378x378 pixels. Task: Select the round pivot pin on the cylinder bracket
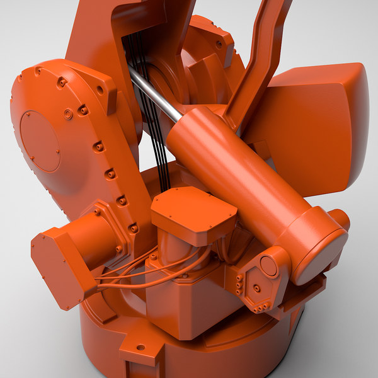click(x=268, y=266)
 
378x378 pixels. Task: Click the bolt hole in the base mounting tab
click(x=140, y=347)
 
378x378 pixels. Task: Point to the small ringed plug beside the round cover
click(x=68, y=114)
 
